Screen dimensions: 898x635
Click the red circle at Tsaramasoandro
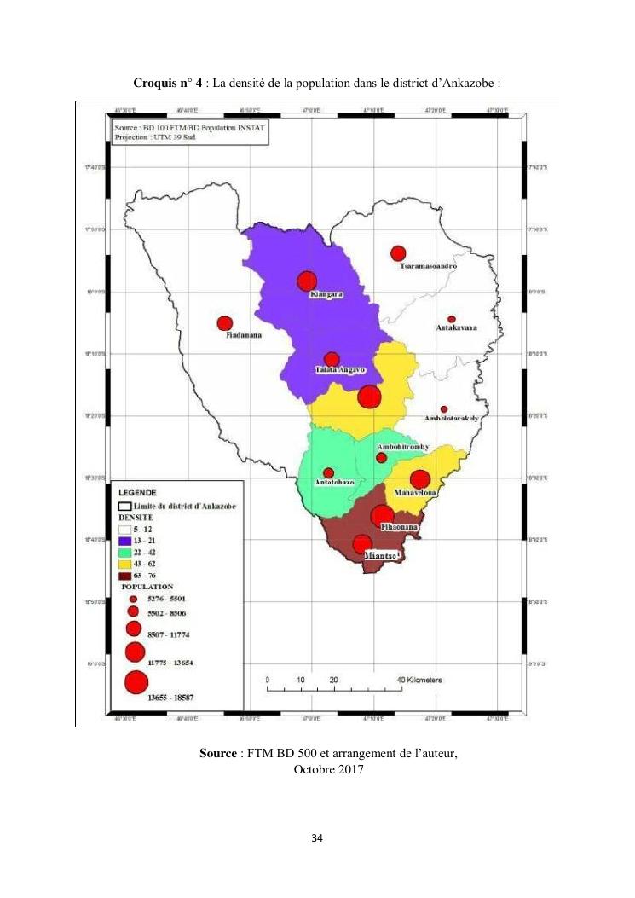point(398,253)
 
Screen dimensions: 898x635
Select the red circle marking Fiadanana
point(225,323)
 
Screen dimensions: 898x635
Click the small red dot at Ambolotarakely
point(443,409)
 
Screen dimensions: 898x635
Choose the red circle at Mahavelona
point(420,479)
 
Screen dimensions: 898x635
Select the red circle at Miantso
point(362,544)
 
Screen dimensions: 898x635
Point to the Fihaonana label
point(398,529)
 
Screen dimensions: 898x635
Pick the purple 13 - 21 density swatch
point(124,542)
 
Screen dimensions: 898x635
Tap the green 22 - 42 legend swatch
point(124,553)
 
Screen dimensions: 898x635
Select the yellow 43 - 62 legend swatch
point(124,565)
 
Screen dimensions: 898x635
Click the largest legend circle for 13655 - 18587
point(136,682)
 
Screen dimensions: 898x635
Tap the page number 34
point(317,839)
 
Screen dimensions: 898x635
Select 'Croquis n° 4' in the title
point(168,84)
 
